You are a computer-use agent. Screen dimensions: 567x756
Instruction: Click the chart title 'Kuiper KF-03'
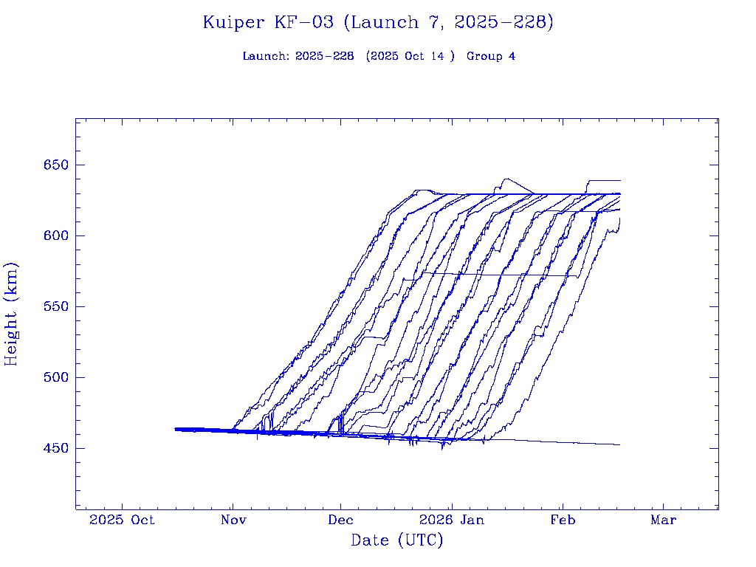point(269,23)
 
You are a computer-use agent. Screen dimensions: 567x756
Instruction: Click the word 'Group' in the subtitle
point(484,57)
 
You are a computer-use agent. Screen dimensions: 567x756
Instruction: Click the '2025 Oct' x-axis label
point(122,520)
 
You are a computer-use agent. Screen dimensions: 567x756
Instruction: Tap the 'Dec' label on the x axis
point(341,520)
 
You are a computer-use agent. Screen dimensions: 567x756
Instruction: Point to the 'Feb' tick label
point(562,520)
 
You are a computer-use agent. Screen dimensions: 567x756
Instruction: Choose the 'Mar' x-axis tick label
point(663,520)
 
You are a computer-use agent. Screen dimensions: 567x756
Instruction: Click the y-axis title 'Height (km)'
point(11,314)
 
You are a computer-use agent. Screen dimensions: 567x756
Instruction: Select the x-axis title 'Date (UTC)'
point(396,540)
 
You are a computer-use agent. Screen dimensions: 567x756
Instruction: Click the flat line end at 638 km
point(619,180)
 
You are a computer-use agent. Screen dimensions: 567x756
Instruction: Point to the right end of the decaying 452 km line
point(619,444)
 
